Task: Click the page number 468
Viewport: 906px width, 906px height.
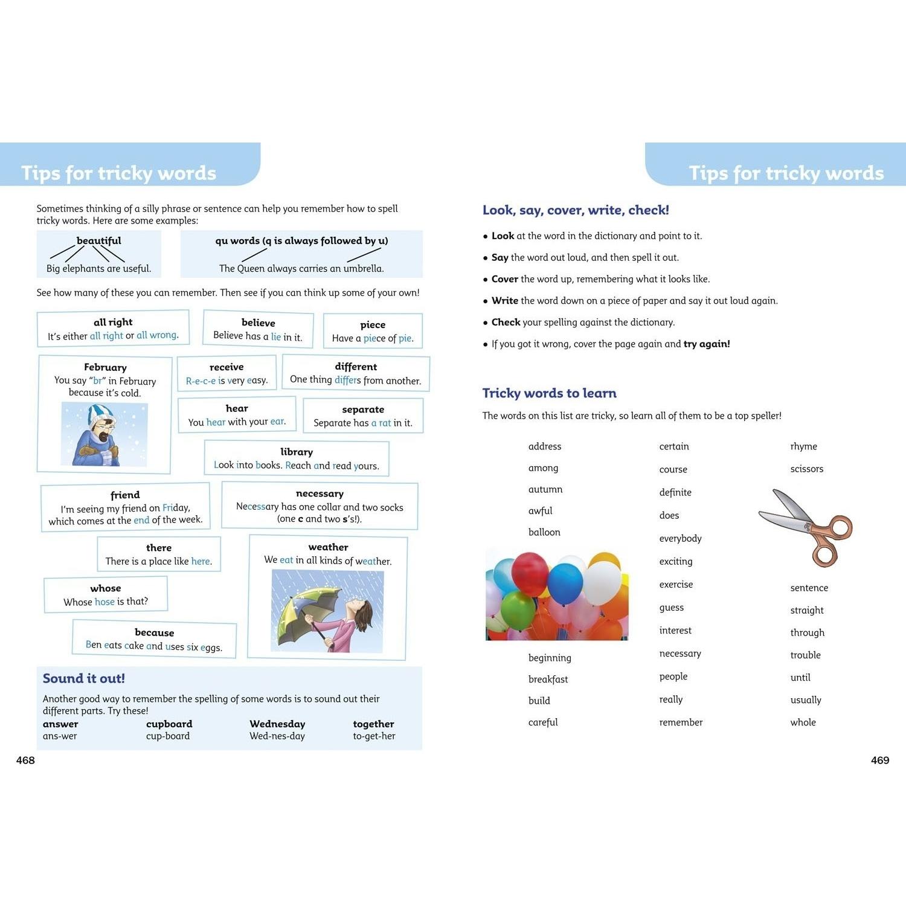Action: pyautogui.click(x=25, y=760)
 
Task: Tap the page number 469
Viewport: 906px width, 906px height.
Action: pyautogui.click(x=879, y=760)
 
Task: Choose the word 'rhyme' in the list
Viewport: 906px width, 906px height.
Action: pyautogui.click(x=803, y=446)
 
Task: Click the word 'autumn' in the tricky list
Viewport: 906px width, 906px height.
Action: pyautogui.click(x=545, y=489)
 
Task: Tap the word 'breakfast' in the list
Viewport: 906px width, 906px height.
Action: pyautogui.click(x=548, y=679)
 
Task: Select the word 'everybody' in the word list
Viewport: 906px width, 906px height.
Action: pyautogui.click(x=680, y=538)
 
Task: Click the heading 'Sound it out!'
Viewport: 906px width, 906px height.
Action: pyautogui.click(x=83, y=678)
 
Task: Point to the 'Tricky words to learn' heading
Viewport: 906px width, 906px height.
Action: pyautogui.click(x=549, y=393)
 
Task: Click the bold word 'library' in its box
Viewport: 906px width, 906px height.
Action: pyautogui.click(x=297, y=452)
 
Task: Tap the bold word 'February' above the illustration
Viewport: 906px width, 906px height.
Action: pyautogui.click(x=105, y=367)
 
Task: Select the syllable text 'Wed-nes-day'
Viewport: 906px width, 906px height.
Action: pyautogui.click(x=277, y=736)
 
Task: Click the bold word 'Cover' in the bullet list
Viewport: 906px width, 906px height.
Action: pyautogui.click(x=504, y=279)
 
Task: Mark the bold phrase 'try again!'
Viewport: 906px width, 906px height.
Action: pyautogui.click(x=706, y=344)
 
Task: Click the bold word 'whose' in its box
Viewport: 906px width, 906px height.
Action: pyautogui.click(x=106, y=588)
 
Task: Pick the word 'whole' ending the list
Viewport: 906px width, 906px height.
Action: pyautogui.click(x=803, y=722)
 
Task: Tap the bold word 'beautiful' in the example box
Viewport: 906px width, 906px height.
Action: pyautogui.click(x=98, y=240)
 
